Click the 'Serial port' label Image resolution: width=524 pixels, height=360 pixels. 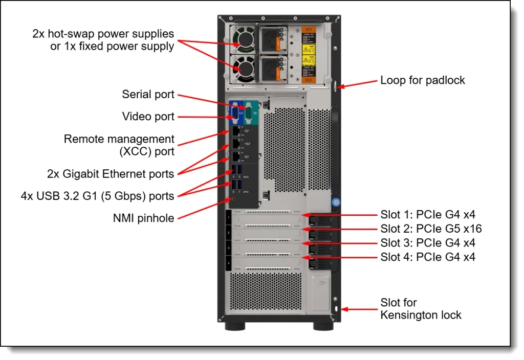[x=148, y=95]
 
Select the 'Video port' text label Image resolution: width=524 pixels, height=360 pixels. [x=148, y=117]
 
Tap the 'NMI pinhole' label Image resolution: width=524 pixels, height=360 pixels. [x=143, y=218]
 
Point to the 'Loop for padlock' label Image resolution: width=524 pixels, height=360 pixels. [x=423, y=80]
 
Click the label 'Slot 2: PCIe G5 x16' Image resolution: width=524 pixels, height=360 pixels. [x=431, y=229]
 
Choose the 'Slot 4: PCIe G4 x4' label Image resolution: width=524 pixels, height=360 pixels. [x=428, y=257]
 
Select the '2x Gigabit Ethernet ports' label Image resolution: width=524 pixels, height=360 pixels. [x=111, y=174]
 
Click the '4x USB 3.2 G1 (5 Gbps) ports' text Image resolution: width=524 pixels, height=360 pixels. [x=97, y=196]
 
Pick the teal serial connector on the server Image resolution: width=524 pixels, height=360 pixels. [x=250, y=112]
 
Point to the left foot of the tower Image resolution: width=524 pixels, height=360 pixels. [x=234, y=326]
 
